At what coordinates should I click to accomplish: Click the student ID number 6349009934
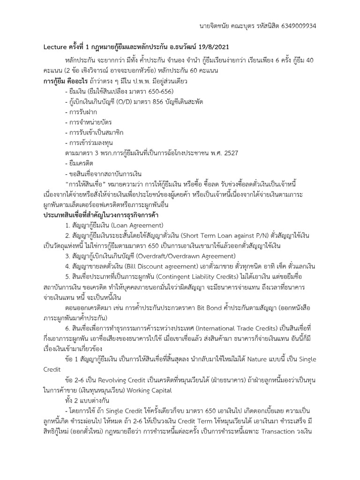coord(296,26)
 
